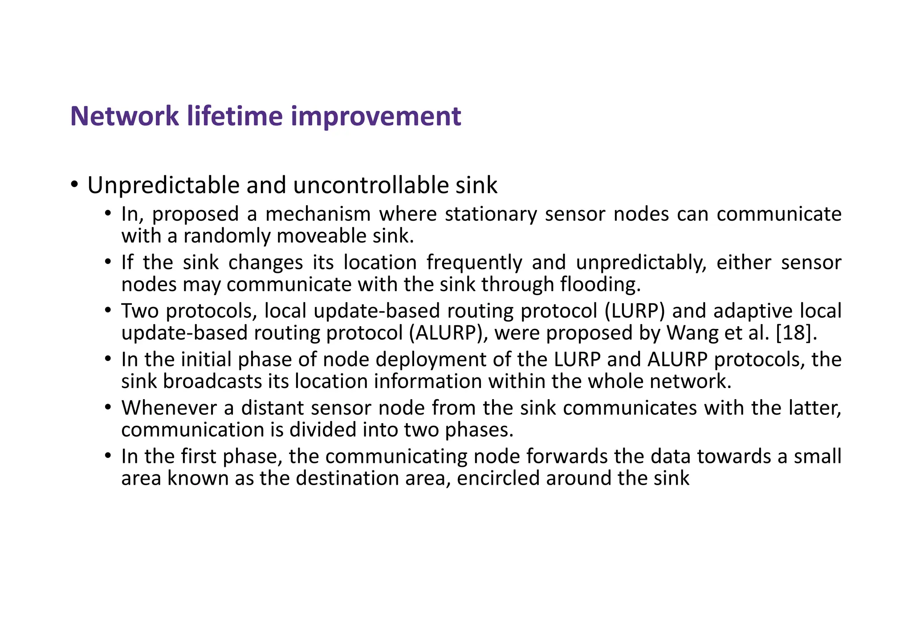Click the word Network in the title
click(125, 116)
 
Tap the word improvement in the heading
click(376, 116)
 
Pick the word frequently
click(474, 263)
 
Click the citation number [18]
click(797, 333)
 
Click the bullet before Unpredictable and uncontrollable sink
click(74, 184)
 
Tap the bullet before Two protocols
click(108, 310)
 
